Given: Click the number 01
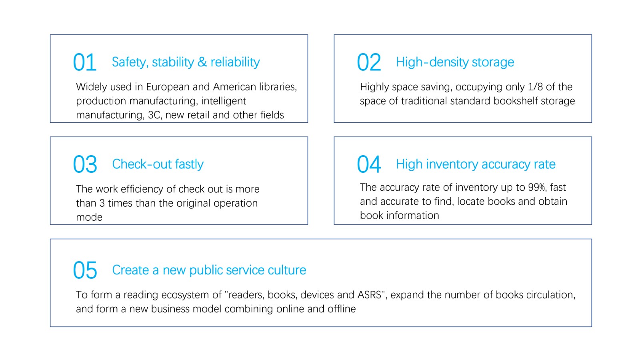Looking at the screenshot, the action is pyautogui.click(x=84, y=62).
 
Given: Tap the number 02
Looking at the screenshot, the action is pyautogui.click(x=369, y=62).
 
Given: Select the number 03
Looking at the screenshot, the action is pyautogui.click(x=85, y=164).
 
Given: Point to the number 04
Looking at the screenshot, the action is pyautogui.click(x=369, y=164).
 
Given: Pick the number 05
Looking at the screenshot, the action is pyautogui.click(x=85, y=270).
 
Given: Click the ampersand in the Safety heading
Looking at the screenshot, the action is pyautogui.click(x=202, y=62).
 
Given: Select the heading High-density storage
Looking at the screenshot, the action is pyautogui.click(x=455, y=62).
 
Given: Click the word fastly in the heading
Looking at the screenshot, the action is pyautogui.click(x=189, y=164).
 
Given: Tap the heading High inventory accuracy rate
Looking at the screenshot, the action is pyautogui.click(x=476, y=164).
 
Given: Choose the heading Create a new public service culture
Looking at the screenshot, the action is pyautogui.click(x=209, y=270).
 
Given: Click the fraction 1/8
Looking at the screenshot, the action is pyautogui.click(x=535, y=87).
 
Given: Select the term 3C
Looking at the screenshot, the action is pyautogui.click(x=154, y=115).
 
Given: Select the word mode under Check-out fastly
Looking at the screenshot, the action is pyautogui.click(x=89, y=218).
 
